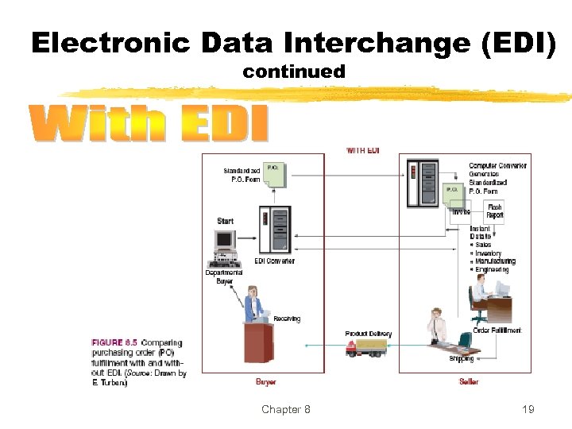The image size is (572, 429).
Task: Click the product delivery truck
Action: click(x=366, y=347)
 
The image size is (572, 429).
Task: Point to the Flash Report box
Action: click(x=494, y=211)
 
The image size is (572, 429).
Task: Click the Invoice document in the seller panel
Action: click(x=461, y=210)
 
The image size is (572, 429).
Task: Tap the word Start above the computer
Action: click(x=226, y=220)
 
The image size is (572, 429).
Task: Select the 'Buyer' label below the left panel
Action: click(x=266, y=382)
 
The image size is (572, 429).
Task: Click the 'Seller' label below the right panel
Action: click(x=470, y=382)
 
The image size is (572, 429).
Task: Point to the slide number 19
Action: click(x=528, y=409)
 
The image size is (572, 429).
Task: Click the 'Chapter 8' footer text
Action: click(x=286, y=409)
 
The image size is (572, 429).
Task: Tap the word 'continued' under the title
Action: click(x=294, y=71)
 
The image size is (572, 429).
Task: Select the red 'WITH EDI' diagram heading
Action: click(x=363, y=150)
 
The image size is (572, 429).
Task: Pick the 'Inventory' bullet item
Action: click(x=490, y=253)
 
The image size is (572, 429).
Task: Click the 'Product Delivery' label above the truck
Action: click(x=368, y=334)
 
